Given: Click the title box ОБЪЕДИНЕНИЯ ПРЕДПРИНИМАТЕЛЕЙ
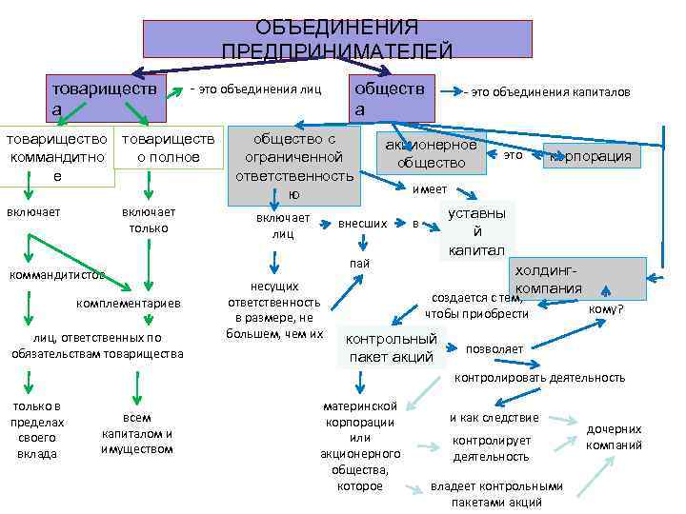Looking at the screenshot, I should [x=337, y=39].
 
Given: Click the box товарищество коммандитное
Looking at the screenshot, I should [x=57, y=157].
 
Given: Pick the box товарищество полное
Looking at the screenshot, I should [x=168, y=148].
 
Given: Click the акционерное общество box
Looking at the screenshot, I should [x=431, y=154].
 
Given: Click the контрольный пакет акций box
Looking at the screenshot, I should [x=392, y=347].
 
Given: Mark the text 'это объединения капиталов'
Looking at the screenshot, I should [x=547, y=93].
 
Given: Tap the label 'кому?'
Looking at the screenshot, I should [x=606, y=308].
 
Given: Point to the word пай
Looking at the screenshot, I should [x=359, y=263].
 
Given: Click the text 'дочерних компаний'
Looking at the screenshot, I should [x=614, y=437].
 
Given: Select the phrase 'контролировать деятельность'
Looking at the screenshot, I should [x=539, y=378].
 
